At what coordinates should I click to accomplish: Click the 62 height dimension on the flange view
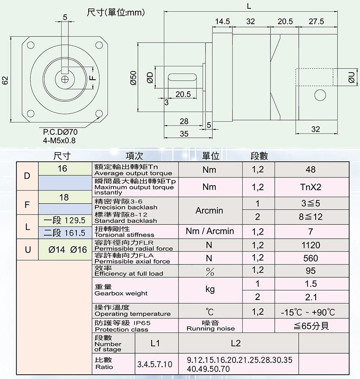click(x=5, y=80)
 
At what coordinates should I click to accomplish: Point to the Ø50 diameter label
click(x=133, y=78)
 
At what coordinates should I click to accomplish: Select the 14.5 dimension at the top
click(x=222, y=21)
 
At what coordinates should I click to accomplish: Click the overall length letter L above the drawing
click(x=249, y=6)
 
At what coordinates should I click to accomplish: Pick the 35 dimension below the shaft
click(x=184, y=134)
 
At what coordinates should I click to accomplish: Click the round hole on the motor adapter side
click(x=320, y=94)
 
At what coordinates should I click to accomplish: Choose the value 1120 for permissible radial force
click(x=311, y=245)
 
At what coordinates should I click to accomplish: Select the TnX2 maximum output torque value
click(x=311, y=187)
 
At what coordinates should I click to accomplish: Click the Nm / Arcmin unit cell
click(x=210, y=231)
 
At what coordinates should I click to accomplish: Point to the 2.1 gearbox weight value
click(x=311, y=297)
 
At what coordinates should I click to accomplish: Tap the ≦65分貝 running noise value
click(x=311, y=326)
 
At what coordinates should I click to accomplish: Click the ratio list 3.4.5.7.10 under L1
click(x=155, y=364)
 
